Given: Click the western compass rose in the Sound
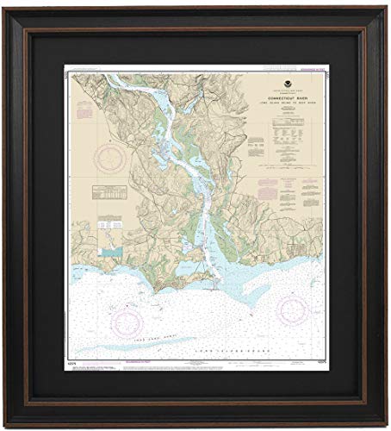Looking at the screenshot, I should click(128, 321).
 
